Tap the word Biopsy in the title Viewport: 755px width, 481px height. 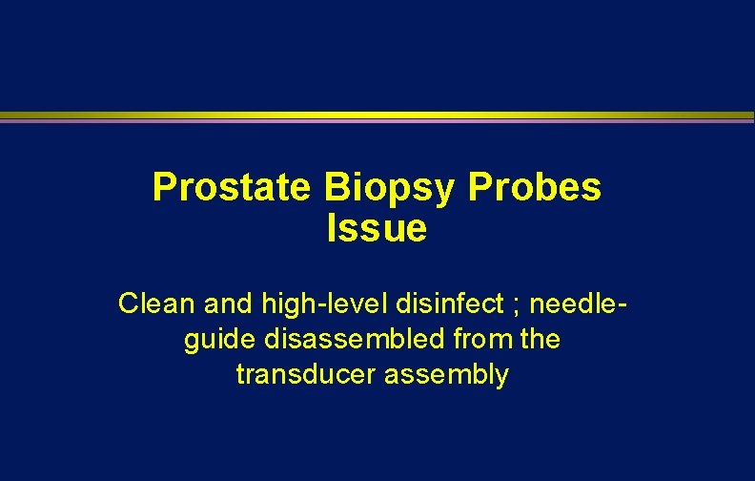tap(391, 189)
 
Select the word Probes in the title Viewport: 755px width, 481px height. tap(535, 188)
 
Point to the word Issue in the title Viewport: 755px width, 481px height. tap(377, 229)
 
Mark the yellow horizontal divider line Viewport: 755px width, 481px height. tap(377, 115)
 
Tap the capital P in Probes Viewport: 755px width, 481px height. tap(480, 188)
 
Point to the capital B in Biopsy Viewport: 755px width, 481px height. tap(337, 188)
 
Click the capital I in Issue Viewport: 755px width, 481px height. tap(332, 229)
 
